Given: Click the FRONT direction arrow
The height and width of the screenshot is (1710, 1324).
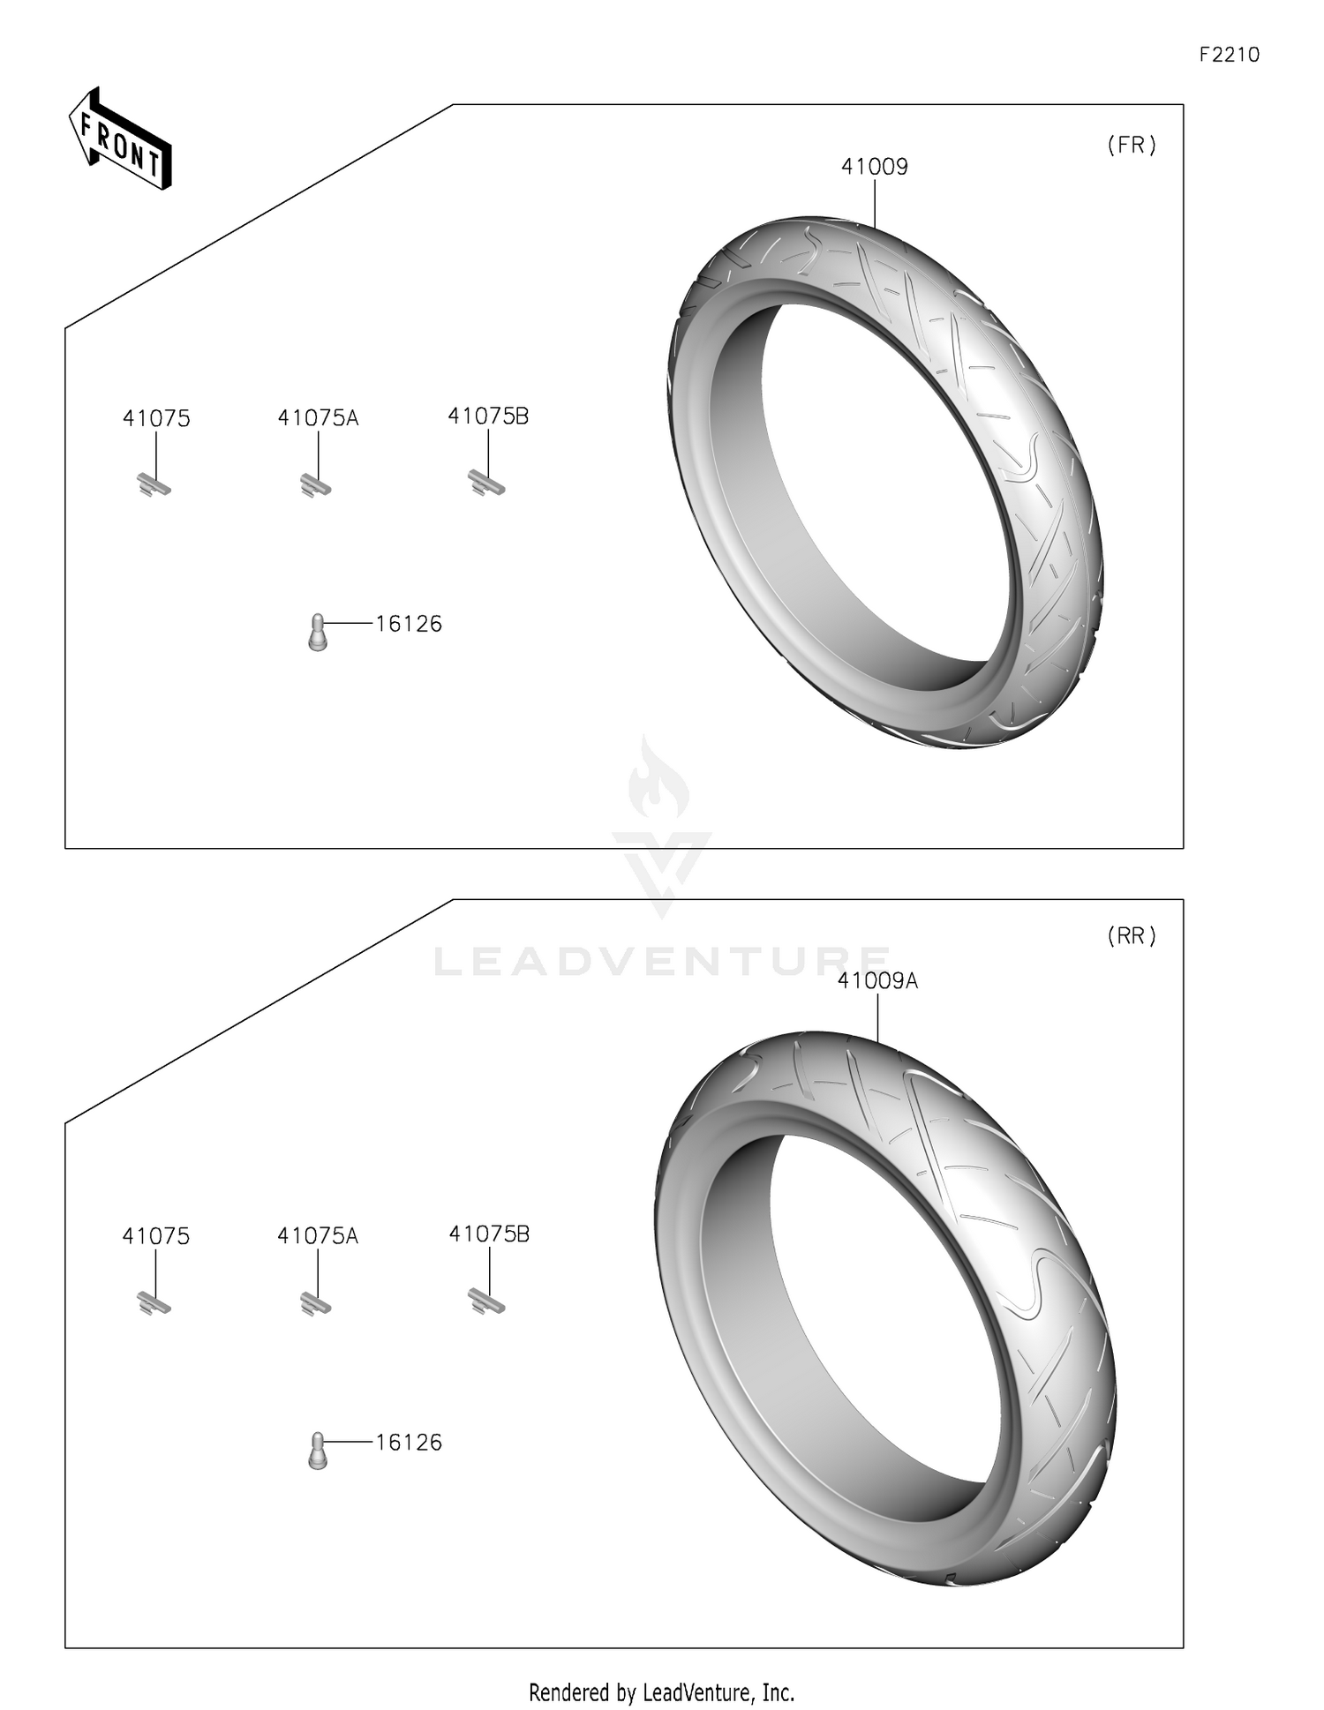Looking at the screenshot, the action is pos(120,139).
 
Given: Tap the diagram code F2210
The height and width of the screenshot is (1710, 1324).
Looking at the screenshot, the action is pos(1229,55).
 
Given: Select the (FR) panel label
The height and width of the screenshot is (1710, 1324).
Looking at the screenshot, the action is pos(1132,146).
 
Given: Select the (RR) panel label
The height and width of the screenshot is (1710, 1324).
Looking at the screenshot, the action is pos(1132,935).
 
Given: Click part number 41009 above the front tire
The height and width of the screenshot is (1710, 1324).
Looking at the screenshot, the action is pos(874,166).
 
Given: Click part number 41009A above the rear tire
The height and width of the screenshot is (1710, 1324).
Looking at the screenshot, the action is pos(877,980).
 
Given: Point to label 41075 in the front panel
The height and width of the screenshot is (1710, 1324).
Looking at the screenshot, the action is pos(156,418).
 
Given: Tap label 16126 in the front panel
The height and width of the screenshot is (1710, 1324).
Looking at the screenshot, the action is pos(409,624).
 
